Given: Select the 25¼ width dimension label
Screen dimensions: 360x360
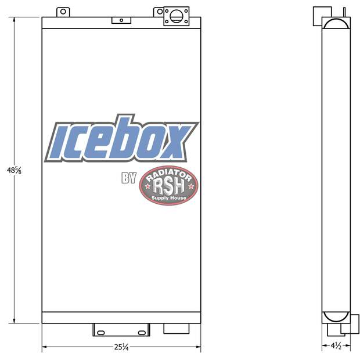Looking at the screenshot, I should tap(121, 347).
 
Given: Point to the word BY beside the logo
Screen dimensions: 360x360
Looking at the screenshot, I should tap(128, 178).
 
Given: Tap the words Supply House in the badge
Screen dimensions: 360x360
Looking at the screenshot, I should tap(168, 198).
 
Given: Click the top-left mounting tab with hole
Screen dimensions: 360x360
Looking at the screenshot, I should tap(63, 12).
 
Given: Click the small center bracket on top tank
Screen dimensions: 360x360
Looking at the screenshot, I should tap(121, 20).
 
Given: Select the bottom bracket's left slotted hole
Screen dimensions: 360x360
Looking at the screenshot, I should tap(101, 332).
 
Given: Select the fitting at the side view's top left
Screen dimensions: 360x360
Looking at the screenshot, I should tap(318, 13).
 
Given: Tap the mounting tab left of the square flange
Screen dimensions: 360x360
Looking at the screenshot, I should tap(158, 12).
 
